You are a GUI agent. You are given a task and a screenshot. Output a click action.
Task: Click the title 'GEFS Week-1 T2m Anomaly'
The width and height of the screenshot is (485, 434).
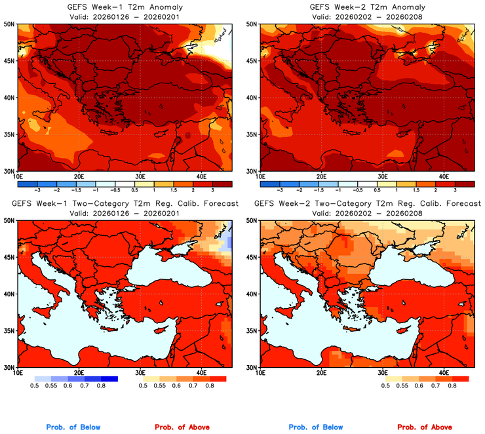(124, 7)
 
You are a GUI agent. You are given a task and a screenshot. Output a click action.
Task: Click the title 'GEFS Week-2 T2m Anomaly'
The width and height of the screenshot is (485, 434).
(366, 7)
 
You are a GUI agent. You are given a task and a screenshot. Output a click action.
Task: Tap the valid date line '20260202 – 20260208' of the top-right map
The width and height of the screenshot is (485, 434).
(366, 16)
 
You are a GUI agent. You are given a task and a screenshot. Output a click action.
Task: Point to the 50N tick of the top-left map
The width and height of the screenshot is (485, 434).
(10, 24)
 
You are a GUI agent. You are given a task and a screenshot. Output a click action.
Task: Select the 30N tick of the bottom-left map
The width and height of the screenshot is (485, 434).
(10, 368)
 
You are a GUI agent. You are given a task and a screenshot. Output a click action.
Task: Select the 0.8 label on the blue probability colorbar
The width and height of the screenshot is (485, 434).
(100, 385)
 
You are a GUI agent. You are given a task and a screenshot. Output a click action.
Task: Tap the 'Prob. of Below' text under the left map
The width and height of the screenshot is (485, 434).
(73, 427)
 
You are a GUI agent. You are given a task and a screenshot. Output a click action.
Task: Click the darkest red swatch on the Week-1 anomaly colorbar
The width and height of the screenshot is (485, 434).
(223, 183)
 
